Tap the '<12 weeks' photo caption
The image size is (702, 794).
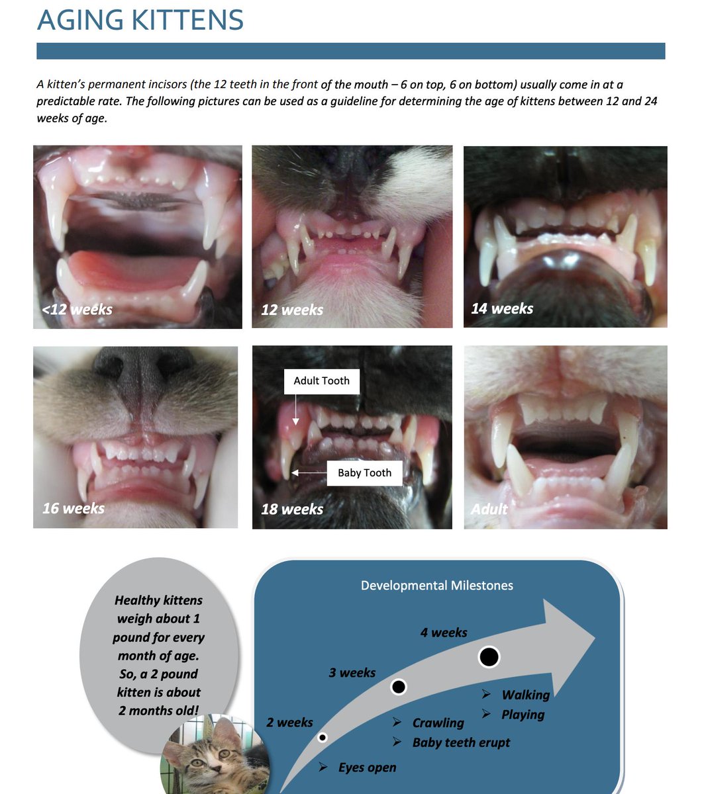(x=77, y=309)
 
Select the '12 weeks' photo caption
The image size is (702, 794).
(x=292, y=310)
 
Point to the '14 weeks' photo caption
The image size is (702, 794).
(x=502, y=308)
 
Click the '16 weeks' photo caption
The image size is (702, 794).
(x=74, y=508)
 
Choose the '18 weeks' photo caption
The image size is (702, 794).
(x=292, y=509)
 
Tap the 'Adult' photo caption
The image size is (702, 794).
(x=489, y=509)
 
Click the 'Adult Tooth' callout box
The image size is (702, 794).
(x=321, y=381)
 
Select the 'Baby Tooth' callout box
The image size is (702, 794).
(x=364, y=472)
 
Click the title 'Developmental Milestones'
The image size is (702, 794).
(x=436, y=585)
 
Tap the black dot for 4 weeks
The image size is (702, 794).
(x=489, y=657)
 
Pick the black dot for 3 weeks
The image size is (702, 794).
(x=398, y=687)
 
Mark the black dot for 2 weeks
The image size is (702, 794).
(x=323, y=737)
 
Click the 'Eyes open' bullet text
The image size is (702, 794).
(x=367, y=768)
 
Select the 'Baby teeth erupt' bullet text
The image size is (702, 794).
(x=461, y=742)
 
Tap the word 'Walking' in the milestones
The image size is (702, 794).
(x=526, y=695)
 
